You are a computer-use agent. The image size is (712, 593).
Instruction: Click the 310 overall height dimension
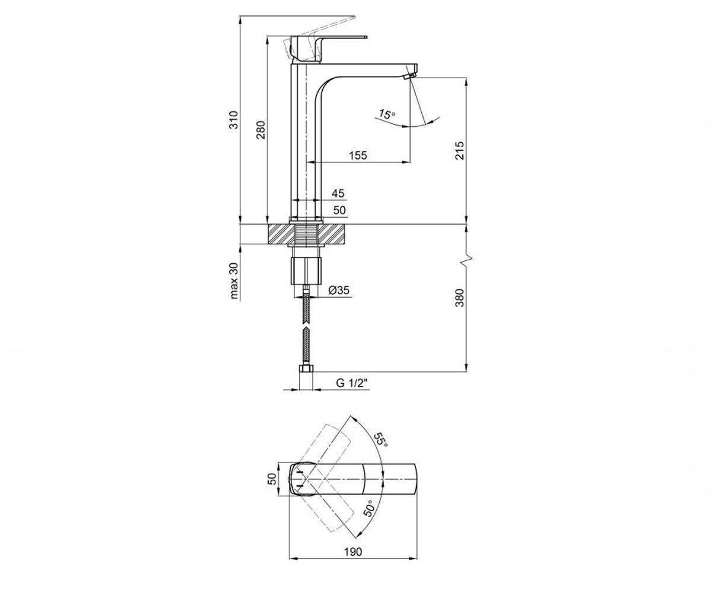click(234, 120)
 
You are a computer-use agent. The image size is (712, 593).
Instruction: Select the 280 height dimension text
click(261, 130)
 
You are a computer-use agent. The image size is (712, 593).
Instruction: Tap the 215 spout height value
click(460, 150)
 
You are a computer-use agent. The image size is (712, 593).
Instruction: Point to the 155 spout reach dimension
click(358, 156)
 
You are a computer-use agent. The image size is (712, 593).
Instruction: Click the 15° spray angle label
click(387, 114)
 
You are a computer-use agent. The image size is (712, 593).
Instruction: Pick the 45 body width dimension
click(338, 193)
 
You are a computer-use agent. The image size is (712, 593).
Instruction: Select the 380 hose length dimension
click(460, 298)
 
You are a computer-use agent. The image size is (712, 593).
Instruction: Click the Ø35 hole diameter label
click(339, 290)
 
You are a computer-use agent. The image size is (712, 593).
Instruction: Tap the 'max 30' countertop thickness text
click(234, 281)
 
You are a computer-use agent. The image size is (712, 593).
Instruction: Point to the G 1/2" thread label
click(352, 383)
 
